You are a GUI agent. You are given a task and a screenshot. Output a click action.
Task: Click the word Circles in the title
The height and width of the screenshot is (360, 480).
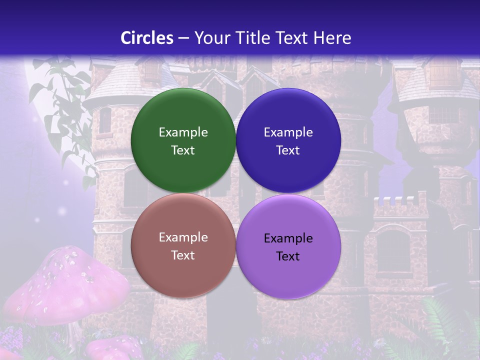click(x=146, y=38)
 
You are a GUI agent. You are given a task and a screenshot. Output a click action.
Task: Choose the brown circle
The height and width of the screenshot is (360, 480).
click(x=183, y=275)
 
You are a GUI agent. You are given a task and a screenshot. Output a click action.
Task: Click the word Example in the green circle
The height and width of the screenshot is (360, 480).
click(x=183, y=132)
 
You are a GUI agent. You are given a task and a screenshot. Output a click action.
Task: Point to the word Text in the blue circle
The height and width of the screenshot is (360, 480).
click(x=288, y=150)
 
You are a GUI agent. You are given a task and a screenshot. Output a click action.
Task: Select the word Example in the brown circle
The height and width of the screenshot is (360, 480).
click(x=183, y=237)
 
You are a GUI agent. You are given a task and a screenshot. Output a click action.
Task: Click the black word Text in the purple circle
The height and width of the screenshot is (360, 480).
click(x=288, y=256)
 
